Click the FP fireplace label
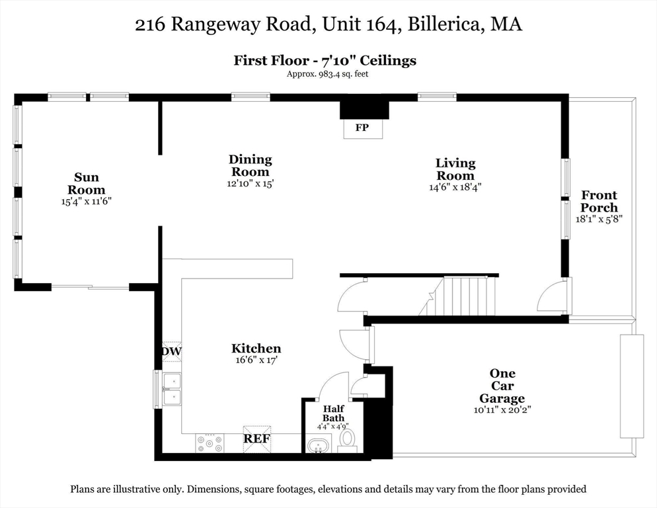362,128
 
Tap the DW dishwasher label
171,351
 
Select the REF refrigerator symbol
257,439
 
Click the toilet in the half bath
347,440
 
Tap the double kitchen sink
172,388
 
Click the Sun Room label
87,183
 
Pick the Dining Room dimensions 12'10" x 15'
250,184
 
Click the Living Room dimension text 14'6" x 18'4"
455,187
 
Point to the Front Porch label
599,201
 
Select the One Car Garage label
502,386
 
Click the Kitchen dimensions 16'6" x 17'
256,360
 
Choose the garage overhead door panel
631,386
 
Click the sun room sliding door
91,287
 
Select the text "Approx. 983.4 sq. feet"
327,74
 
